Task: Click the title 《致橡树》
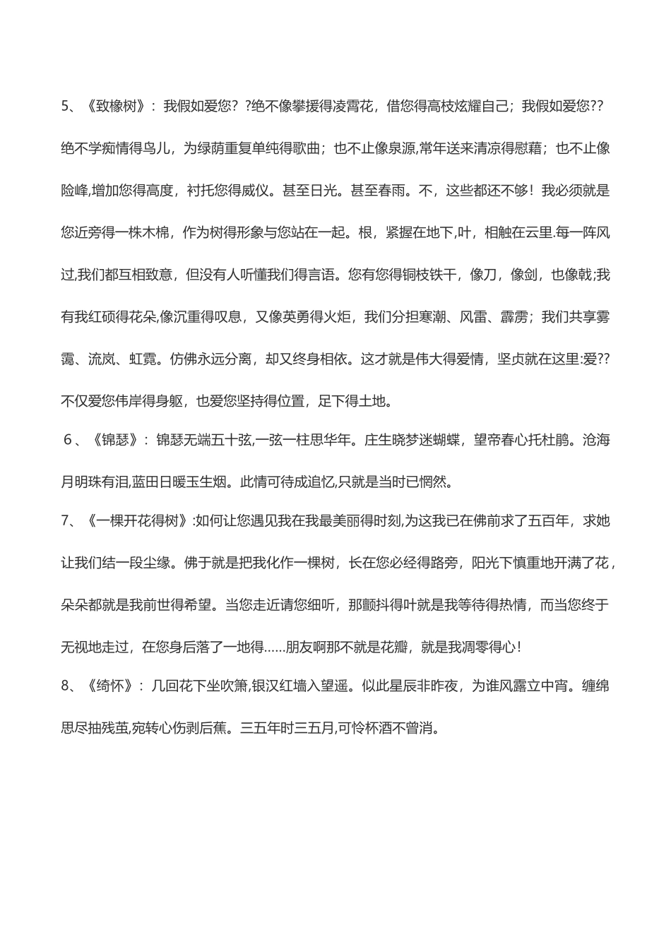pyautogui.click(x=117, y=107)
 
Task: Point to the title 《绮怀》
pyautogui.click(x=111, y=686)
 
